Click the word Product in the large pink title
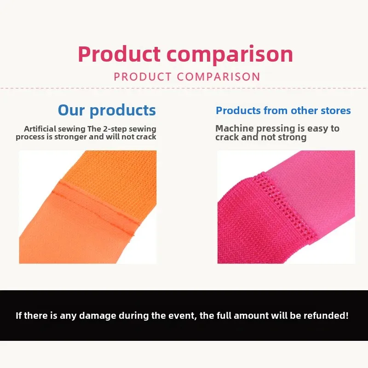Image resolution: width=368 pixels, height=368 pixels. (x=119, y=54)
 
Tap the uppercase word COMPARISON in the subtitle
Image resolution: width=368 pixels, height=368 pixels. (x=218, y=77)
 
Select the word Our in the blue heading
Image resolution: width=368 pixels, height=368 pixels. (x=71, y=110)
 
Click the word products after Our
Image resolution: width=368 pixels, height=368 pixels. (x=123, y=111)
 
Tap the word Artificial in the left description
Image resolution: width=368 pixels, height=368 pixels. (x=40, y=129)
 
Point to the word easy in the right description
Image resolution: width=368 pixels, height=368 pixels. (x=318, y=129)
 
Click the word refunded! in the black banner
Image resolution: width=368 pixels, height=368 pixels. (x=326, y=316)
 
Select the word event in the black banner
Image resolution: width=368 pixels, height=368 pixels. (x=186, y=316)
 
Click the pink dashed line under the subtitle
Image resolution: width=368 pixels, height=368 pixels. (x=184, y=88)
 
